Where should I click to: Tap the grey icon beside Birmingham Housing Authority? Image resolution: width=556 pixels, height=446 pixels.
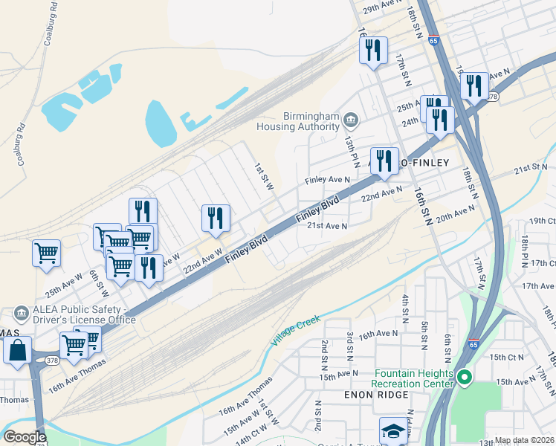tap(350, 118)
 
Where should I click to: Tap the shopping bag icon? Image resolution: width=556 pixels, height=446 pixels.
tap(18, 349)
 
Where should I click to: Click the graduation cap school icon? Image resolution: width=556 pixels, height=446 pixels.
tap(393, 430)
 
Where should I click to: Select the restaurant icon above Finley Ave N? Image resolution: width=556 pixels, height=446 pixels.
tap(384, 161)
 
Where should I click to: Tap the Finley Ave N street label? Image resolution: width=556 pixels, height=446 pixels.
tap(328, 180)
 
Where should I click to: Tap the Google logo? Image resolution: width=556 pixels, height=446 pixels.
tap(25, 437)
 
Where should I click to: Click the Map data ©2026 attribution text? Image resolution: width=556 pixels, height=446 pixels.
tap(525, 441)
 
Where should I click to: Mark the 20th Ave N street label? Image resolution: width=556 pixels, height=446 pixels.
tap(455, 216)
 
